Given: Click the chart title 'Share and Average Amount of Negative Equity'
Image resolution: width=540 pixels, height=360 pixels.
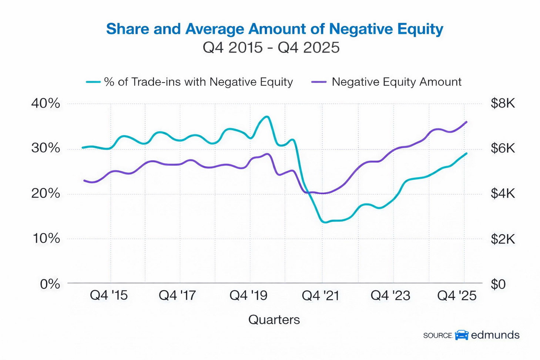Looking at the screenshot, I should (x=274, y=29).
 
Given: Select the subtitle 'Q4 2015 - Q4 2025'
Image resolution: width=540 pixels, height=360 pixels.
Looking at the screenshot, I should (x=271, y=48).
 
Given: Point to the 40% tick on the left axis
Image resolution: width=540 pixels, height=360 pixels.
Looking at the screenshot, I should (x=46, y=103).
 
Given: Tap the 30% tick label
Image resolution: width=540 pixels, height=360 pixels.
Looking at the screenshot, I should (x=46, y=148).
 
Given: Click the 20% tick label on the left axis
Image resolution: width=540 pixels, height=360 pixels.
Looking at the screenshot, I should (x=46, y=193).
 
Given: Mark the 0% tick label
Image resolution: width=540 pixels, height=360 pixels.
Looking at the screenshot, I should (x=50, y=284).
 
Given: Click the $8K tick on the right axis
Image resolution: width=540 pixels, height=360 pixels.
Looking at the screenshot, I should (x=503, y=103).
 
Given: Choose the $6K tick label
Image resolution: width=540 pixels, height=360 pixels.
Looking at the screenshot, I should (x=503, y=148).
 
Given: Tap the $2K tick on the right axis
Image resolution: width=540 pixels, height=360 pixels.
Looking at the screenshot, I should (x=503, y=239).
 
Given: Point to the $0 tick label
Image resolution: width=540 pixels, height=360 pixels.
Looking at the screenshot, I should (x=498, y=284).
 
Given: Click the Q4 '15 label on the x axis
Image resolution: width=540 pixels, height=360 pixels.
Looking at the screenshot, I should (x=109, y=295).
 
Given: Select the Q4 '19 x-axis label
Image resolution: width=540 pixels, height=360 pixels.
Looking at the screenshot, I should (x=248, y=295).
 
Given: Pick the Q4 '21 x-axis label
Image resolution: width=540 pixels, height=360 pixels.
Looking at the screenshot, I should (x=321, y=295).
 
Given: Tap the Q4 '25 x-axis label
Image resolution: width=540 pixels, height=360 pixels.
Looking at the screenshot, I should (x=457, y=295).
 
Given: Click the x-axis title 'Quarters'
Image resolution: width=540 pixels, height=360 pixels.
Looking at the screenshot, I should (x=274, y=320).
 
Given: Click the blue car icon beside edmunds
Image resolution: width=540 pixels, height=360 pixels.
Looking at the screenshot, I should (x=462, y=335).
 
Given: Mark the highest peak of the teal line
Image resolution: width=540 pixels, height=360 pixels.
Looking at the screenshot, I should (x=266, y=117).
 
